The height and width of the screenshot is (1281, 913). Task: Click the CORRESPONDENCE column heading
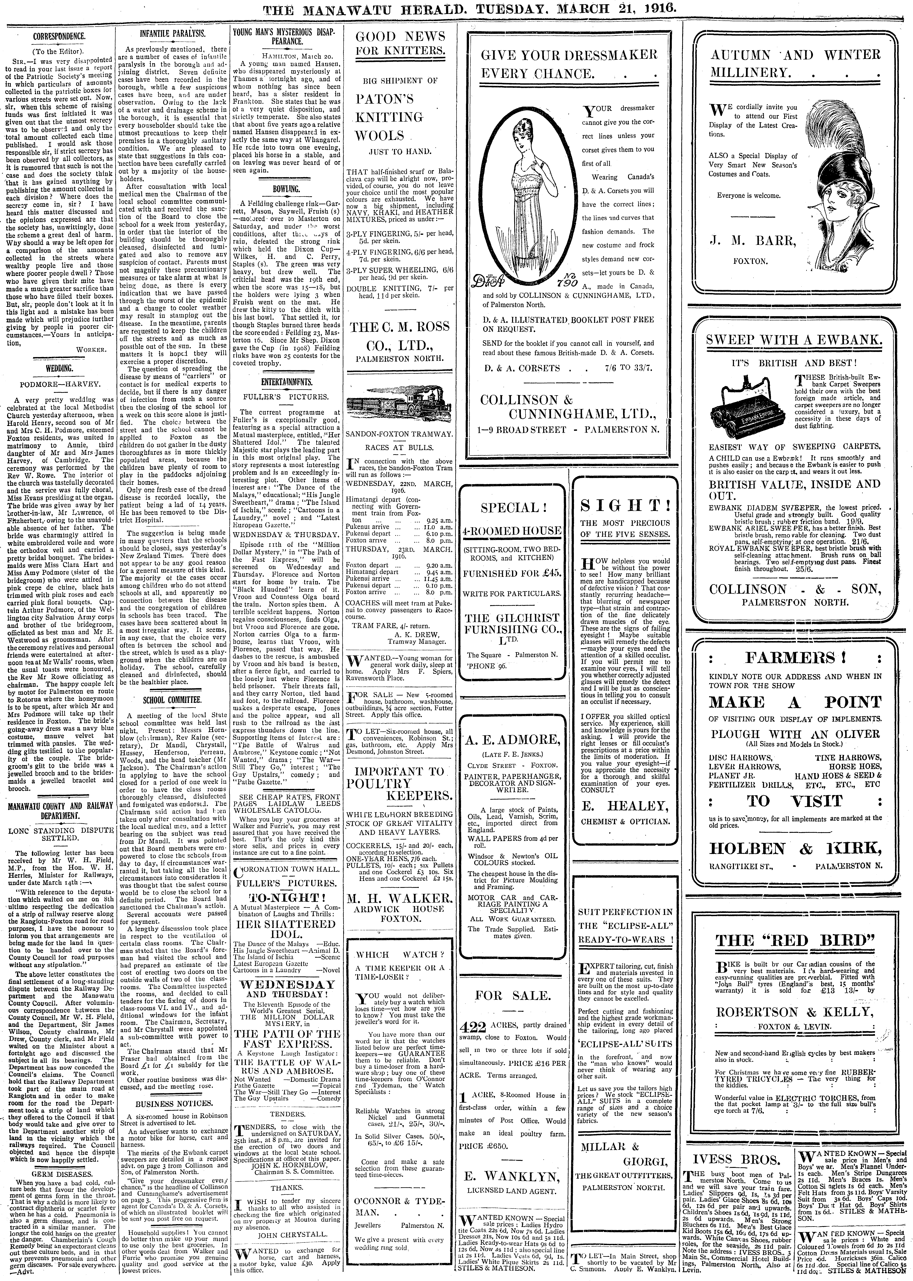pos(59,37)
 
